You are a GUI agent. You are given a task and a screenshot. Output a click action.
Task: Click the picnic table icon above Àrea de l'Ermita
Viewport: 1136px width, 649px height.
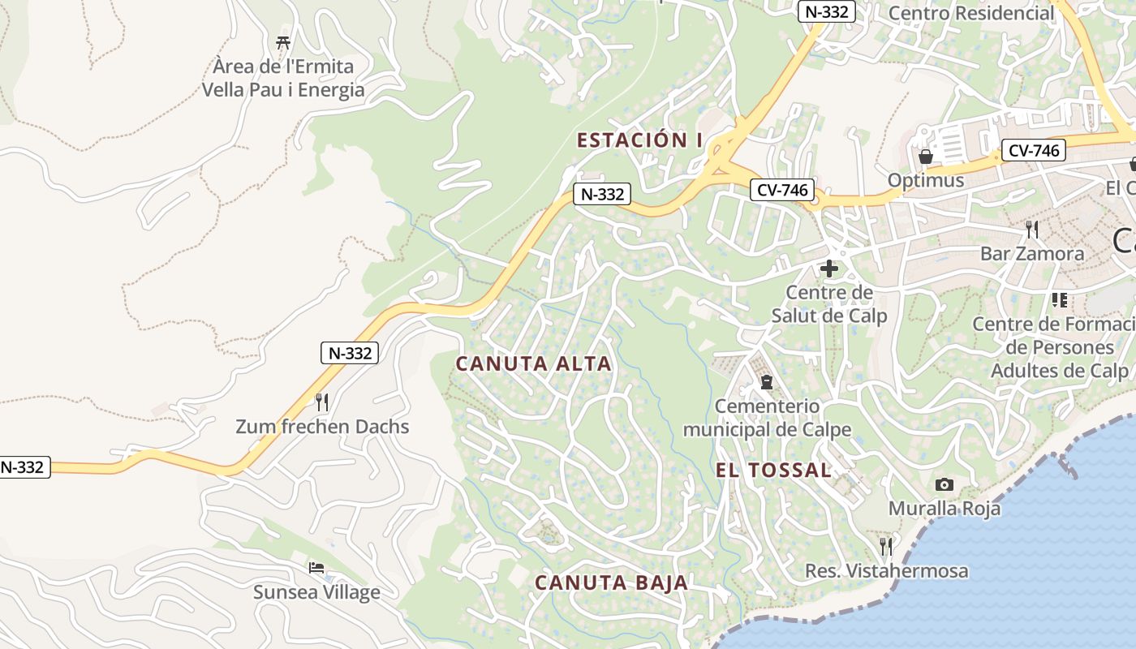283,42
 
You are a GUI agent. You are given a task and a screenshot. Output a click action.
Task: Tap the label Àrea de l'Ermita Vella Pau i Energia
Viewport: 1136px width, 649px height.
283,78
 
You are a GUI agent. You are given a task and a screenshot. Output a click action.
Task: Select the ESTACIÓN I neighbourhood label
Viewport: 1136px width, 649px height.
639,140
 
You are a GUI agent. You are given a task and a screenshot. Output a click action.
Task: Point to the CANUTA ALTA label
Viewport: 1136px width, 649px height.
533,363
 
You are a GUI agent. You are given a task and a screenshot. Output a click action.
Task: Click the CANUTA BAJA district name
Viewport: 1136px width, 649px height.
611,582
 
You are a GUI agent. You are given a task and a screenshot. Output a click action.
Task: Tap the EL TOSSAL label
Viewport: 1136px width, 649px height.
773,470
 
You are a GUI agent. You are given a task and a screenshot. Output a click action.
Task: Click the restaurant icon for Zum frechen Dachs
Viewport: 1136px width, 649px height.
322,402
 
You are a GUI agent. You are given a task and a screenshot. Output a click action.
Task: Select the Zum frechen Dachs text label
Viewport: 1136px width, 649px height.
322,427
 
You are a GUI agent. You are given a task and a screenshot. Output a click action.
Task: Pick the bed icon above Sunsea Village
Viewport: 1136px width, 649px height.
316,567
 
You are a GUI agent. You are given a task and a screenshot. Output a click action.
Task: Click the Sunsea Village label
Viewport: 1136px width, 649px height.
316,592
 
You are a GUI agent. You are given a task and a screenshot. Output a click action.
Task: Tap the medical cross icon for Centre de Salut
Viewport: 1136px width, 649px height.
829,268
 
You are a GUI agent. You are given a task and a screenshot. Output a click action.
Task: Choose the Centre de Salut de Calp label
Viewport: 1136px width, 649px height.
829,304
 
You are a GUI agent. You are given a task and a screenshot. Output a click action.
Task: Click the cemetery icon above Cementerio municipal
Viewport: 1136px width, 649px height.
766,381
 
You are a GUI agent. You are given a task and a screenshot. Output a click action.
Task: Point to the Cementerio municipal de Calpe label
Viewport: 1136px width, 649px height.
767,418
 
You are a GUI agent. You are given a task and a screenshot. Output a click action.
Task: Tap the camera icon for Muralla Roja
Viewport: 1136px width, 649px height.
945,484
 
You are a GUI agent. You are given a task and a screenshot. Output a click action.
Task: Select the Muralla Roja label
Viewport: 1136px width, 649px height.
945,509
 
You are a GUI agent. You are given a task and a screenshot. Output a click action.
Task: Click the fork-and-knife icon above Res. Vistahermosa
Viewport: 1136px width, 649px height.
886,546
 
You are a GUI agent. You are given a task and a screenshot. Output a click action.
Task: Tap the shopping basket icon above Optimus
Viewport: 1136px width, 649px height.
926,156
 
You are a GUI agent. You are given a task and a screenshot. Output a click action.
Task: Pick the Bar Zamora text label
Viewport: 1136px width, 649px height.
1031,254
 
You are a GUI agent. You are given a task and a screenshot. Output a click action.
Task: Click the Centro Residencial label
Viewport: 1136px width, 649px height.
970,13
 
